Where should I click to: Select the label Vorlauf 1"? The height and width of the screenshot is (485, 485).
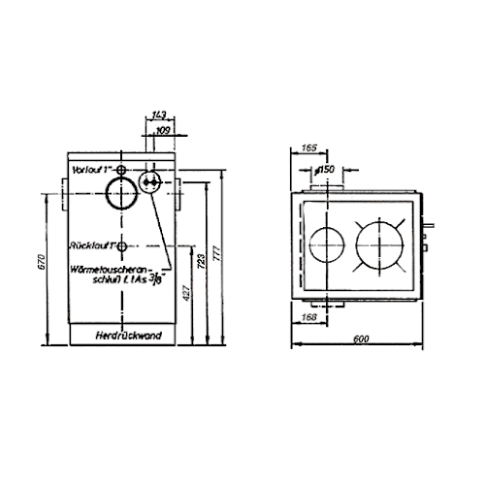88,169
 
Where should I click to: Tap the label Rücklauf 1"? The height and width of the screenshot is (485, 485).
90,245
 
